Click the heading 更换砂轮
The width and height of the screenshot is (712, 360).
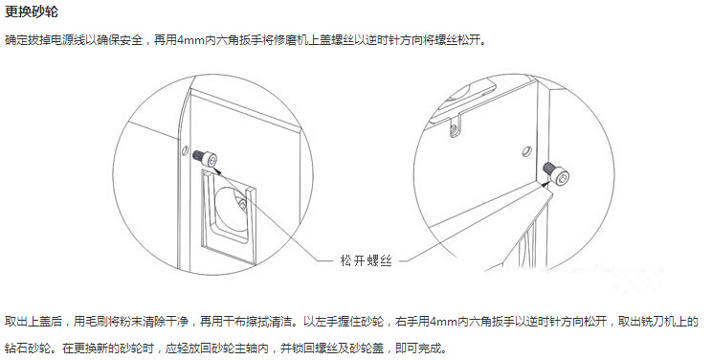coord(32,11)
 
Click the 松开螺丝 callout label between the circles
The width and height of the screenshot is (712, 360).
coord(366,260)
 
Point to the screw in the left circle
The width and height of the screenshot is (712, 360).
coord(205,158)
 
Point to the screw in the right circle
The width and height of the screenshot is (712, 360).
coord(556,172)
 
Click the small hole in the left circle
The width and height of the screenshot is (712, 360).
coord(185,150)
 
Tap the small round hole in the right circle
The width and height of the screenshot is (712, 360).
coord(526,151)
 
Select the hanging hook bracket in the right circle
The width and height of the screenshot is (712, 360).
coord(456,126)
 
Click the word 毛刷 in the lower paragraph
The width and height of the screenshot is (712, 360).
coord(97,322)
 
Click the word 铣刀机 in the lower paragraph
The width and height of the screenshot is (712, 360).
coord(658,322)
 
